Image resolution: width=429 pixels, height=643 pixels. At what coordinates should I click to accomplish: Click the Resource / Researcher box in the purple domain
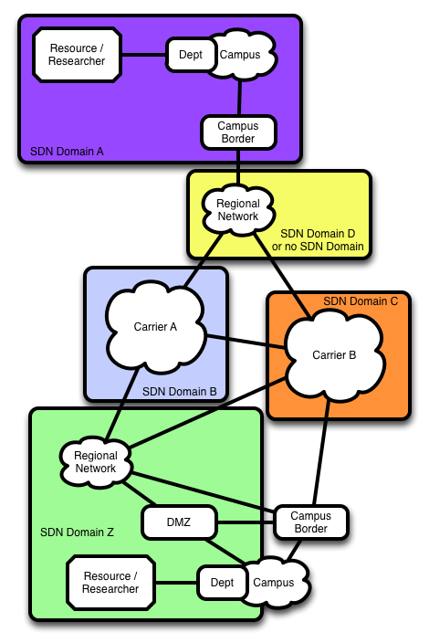point(77,55)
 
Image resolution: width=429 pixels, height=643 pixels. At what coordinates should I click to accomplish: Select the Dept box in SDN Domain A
point(191,55)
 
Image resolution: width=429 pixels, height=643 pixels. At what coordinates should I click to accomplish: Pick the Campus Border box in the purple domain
point(238,132)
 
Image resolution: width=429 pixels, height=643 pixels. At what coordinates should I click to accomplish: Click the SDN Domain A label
point(67,152)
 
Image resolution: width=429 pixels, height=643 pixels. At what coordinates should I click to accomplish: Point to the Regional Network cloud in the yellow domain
point(238,210)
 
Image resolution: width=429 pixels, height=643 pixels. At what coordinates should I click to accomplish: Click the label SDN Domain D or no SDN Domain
point(318,240)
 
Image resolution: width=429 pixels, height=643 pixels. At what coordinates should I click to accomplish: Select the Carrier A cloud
point(155,327)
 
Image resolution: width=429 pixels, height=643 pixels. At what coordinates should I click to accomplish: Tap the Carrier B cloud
point(334,355)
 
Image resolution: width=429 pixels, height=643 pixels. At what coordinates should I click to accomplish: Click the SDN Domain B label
point(180,392)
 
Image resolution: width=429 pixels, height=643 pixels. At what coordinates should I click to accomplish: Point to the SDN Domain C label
point(361,301)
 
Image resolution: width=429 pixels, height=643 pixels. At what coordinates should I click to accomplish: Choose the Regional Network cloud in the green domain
point(96,462)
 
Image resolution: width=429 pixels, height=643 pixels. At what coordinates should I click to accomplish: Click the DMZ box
point(179,522)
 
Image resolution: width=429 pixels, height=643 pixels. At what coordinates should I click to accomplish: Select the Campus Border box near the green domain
point(311,522)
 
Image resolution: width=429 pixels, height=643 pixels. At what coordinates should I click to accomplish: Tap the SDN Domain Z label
point(77,532)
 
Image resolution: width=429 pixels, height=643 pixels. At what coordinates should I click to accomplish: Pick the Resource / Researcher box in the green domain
point(110,583)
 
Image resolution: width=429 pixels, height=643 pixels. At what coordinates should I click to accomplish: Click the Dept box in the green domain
point(222,583)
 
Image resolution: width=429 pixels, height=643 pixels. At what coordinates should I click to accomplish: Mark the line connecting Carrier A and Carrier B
point(246,343)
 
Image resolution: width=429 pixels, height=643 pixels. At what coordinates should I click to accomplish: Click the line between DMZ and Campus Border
point(245,522)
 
